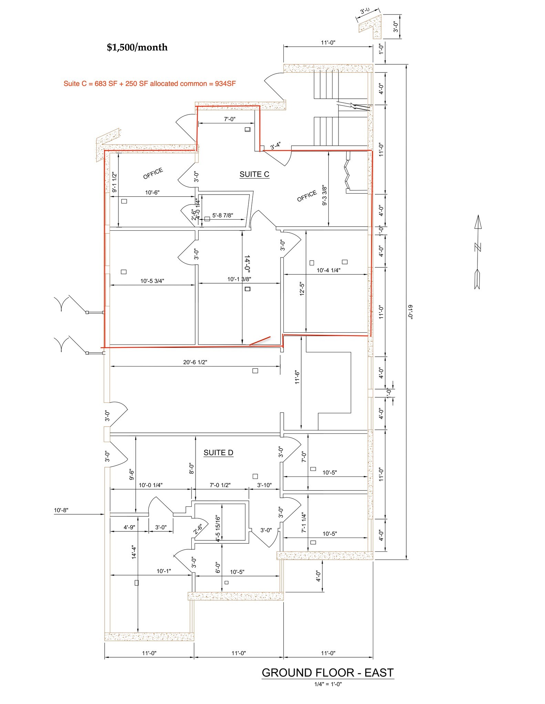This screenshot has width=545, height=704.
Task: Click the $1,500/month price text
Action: (137, 47)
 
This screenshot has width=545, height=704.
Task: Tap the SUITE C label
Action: (254, 174)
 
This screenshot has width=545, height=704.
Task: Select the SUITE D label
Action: (218, 453)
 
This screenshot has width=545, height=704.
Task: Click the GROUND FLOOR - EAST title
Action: (327, 673)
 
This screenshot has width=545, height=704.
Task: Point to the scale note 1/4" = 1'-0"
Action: (328, 684)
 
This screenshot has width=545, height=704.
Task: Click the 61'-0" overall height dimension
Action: (410, 312)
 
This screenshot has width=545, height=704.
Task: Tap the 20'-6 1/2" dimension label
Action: (195, 362)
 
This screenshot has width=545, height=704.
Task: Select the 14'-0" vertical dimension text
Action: (247, 263)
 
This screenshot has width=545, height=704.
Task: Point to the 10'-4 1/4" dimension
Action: (328, 270)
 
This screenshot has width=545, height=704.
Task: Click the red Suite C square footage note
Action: (149, 84)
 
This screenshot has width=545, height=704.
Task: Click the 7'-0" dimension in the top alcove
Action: (230, 119)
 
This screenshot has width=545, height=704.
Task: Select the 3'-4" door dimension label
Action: (275, 146)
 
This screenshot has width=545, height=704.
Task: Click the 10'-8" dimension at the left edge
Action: (61, 510)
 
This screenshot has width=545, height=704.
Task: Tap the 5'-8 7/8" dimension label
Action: (222, 216)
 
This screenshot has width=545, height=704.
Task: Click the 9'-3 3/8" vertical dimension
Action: (324, 195)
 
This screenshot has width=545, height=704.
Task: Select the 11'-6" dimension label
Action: (297, 377)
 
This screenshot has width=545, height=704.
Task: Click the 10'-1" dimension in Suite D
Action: (164, 571)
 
